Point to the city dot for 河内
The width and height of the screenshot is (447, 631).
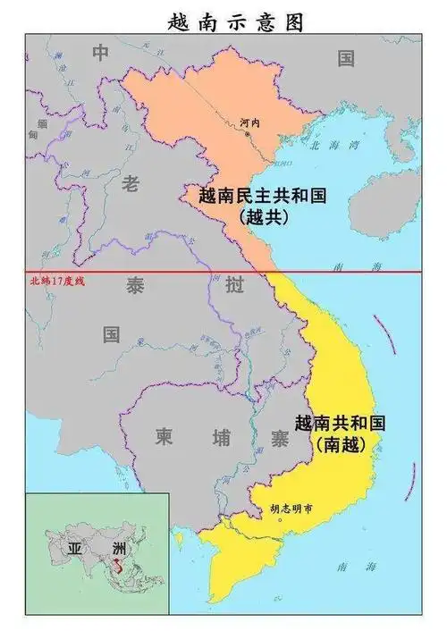point(249,134)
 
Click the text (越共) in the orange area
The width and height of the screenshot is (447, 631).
point(264,215)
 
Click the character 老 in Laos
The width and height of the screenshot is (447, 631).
point(131,184)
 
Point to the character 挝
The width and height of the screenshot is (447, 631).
point(235,287)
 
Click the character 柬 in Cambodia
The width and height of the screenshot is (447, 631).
point(164,438)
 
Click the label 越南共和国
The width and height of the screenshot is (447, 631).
point(340,424)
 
